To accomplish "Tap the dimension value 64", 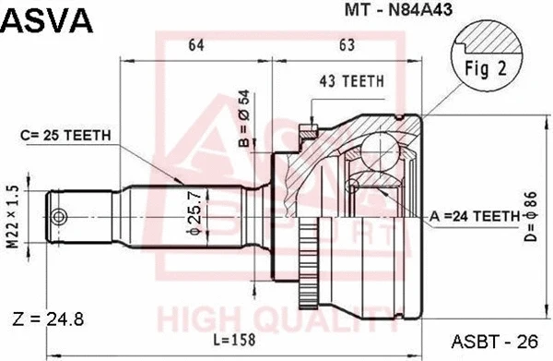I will [x=195, y=43].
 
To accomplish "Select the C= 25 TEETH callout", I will [x=66, y=135].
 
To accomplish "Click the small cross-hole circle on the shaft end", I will [x=60, y=218].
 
